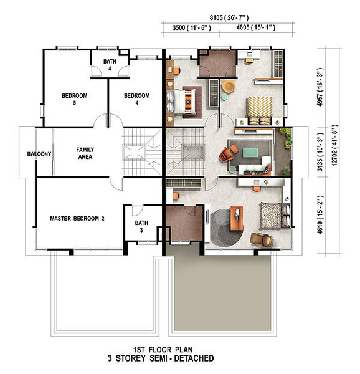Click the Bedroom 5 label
click(75, 99)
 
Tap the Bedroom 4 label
click(137, 99)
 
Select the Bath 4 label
click(110, 65)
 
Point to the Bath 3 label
click(141, 226)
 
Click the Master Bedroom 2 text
click(77, 219)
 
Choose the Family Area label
click(85, 153)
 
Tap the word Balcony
click(39, 154)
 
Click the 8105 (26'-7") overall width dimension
click(229, 17)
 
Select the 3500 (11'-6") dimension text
click(192, 27)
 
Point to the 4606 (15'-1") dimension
click(255, 27)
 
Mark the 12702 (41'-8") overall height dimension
click(334, 145)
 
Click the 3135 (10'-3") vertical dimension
click(320, 152)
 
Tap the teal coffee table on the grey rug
click(250, 153)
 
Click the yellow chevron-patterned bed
click(259, 110)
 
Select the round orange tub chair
click(228, 87)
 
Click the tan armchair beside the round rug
click(261, 239)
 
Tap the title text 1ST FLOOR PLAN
click(163, 350)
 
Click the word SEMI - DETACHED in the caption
click(182, 358)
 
